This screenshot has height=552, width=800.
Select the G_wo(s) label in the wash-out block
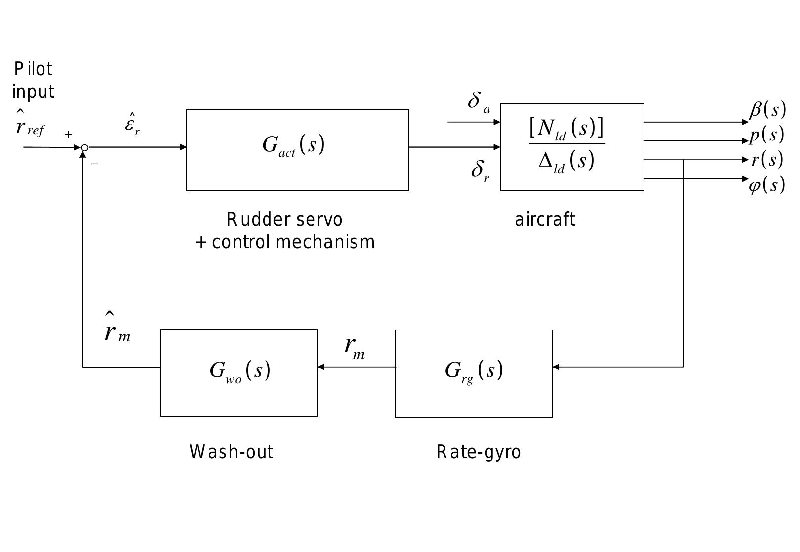point(240,370)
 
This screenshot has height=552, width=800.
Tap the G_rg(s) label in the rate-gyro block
point(474,370)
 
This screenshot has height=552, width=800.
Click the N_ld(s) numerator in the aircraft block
point(567,129)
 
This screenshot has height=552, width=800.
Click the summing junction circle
point(85,147)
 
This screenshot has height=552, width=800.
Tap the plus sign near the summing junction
point(68,134)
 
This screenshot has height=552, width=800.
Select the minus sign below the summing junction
point(94,164)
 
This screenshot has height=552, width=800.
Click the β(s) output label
point(767,110)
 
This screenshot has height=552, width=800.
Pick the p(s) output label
point(766,135)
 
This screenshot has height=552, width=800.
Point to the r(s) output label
point(767,160)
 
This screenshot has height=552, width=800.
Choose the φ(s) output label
point(766,185)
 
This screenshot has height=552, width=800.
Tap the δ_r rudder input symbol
point(479,171)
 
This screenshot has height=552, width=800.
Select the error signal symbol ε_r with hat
point(132,124)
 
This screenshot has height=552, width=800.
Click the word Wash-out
point(231,452)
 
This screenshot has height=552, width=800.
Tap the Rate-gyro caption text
point(478,452)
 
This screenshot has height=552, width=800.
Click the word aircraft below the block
point(545,219)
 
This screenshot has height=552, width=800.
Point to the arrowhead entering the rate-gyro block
point(556,367)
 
